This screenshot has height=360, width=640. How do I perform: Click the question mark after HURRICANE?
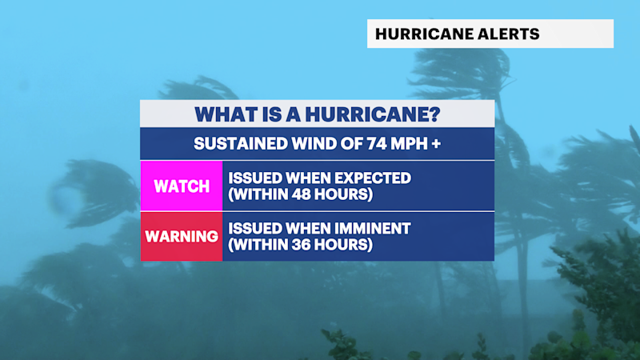[434, 114]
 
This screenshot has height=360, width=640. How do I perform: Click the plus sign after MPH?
[436, 144]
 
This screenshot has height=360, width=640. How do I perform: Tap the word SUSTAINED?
[241, 144]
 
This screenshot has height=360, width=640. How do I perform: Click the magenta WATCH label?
[182, 186]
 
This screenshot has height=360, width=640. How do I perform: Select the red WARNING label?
[182, 236]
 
